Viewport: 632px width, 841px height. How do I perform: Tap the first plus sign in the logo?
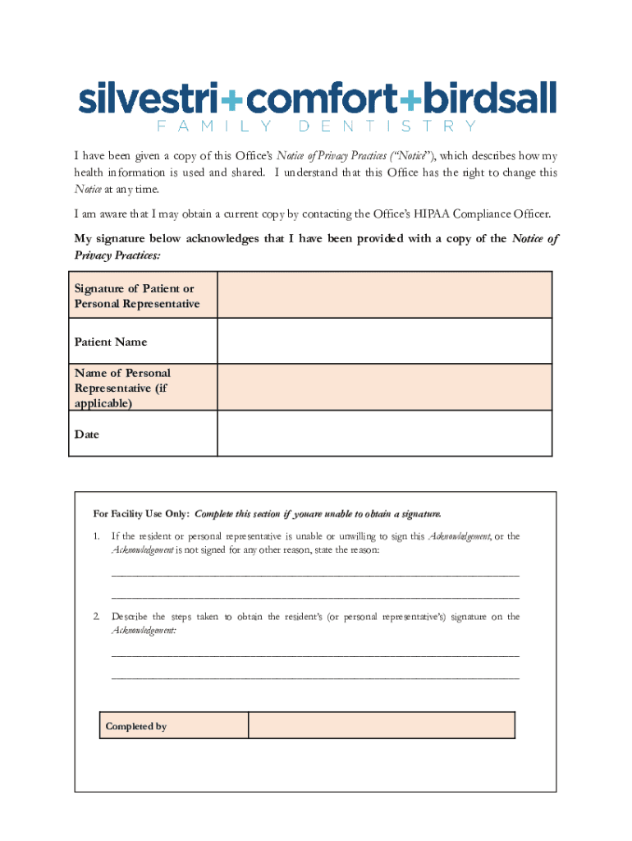click(x=232, y=100)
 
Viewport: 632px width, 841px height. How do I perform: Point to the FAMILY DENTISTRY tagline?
click(x=316, y=126)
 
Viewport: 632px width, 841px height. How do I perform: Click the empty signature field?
click(x=384, y=296)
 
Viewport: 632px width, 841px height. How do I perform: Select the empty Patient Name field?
click(x=384, y=341)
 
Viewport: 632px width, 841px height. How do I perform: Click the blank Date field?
click(x=384, y=433)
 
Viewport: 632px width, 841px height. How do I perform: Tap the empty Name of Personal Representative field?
click(x=384, y=387)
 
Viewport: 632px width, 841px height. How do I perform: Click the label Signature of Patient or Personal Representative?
click(x=136, y=296)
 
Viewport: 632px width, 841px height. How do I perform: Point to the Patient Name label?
click(x=111, y=342)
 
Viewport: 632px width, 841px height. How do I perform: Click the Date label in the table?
click(x=87, y=434)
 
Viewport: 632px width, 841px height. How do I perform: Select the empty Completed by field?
click(x=381, y=725)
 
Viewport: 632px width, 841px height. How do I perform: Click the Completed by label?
click(x=136, y=726)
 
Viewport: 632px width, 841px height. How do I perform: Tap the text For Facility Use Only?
click(x=142, y=514)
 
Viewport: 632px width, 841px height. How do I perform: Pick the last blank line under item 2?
click(x=315, y=678)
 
